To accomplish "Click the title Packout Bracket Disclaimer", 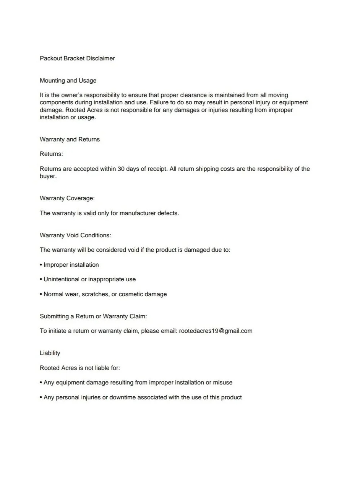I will tap(77, 58).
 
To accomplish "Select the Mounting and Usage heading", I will tap(68, 81).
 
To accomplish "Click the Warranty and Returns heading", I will tap(70, 139).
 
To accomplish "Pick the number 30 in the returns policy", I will tap(120, 169).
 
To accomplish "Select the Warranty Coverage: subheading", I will tap(67, 198).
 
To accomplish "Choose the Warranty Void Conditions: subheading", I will tap(75, 235).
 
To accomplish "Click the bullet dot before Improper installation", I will tap(41, 265).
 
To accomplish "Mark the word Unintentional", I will tap(61, 279).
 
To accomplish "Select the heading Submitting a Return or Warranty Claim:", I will tap(93, 316).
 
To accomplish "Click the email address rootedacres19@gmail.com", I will tap(216, 331).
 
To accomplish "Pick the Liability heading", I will tap(50, 353).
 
